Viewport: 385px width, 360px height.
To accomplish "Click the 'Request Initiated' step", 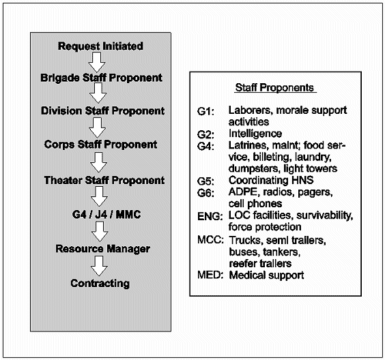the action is [x=100, y=46].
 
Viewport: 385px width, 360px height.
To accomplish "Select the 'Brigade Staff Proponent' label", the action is [x=101, y=78].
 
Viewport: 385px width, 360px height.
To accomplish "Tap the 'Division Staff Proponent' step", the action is [x=102, y=111].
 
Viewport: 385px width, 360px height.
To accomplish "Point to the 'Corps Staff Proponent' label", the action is [x=100, y=145].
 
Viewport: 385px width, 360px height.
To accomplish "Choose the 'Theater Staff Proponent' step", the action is [x=104, y=180].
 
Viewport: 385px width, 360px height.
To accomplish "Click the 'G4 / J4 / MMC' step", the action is [x=106, y=215].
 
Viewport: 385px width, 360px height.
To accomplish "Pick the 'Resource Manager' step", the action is [x=102, y=249].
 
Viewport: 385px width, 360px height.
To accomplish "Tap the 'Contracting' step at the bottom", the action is [x=100, y=284].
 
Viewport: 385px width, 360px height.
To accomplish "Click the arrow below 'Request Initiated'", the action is [x=97, y=62].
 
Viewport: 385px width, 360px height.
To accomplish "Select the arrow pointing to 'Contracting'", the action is [x=99, y=266].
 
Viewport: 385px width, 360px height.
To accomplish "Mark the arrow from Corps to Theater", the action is [x=98, y=162].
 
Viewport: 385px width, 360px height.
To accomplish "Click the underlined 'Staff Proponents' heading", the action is [x=274, y=88].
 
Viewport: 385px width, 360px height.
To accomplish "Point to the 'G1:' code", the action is [x=205, y=112].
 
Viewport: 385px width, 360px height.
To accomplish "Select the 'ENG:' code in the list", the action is [x=210, y=216].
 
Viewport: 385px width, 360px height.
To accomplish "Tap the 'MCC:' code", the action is [x=210, y=240].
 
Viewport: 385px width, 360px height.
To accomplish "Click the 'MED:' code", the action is [x=210, y=275].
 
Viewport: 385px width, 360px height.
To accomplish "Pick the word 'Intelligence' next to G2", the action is [x=255, y=134].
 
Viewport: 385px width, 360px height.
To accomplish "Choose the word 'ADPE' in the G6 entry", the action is [x=243, y=192].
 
